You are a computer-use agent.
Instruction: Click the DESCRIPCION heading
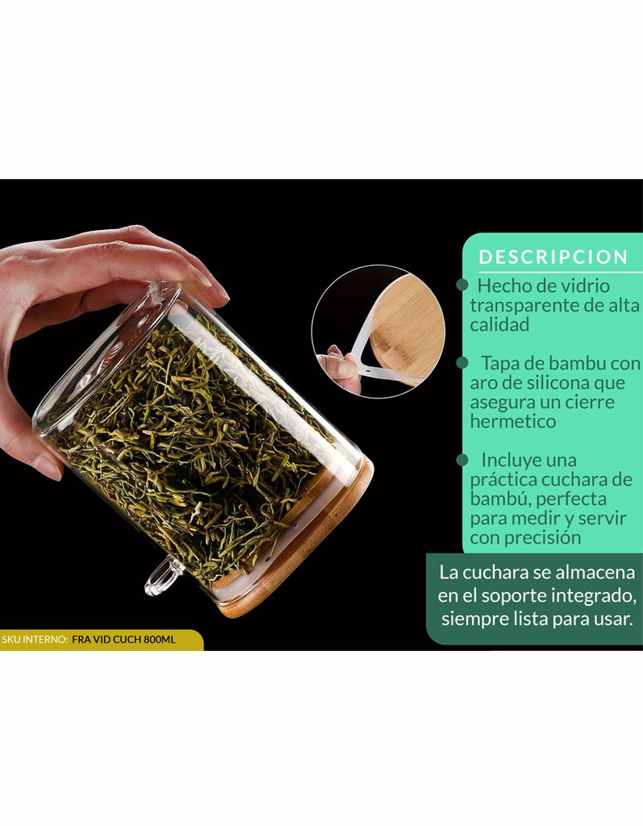[553, 257]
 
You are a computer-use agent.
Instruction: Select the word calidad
[499, 324]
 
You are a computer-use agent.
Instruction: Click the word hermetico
[513, 421]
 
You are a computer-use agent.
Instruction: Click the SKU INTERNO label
[35, 640]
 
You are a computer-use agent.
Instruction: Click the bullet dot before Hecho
[462, 285]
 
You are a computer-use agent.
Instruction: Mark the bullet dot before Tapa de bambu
[462, 362]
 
